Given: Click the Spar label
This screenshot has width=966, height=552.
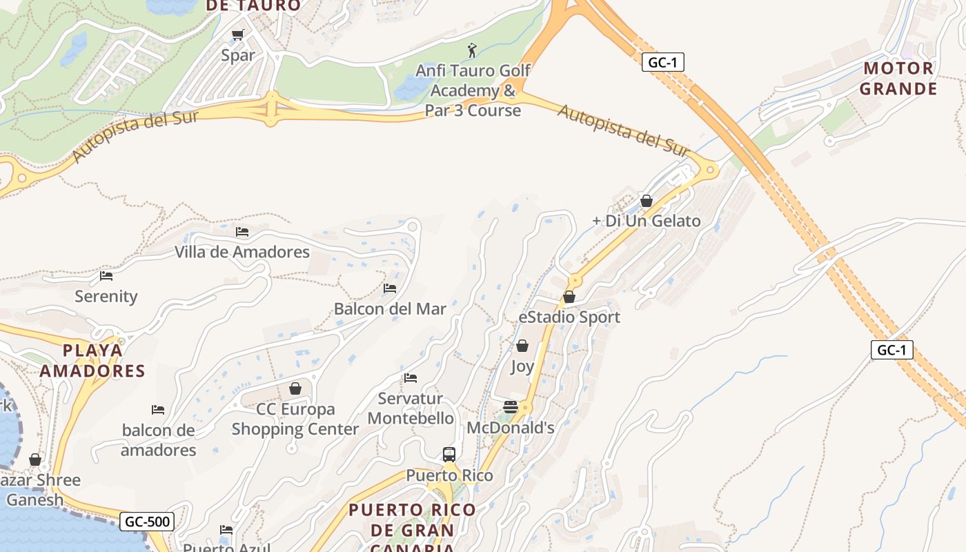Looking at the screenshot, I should point(238,55).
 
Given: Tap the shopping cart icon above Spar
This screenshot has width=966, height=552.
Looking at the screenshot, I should point(238,34).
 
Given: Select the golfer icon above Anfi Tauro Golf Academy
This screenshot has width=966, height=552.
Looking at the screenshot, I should point(472,50).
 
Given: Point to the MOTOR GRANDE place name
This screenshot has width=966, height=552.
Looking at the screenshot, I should point(898,79).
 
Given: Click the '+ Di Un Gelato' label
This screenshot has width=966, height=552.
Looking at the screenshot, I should point(647,221).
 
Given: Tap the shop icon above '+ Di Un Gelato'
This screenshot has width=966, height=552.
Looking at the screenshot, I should point(647,201).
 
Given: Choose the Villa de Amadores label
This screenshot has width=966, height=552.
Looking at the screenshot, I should point(242,252).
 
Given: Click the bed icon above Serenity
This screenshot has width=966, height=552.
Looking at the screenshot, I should point(106,275).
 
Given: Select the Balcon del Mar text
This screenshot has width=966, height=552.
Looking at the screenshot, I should point(390,308).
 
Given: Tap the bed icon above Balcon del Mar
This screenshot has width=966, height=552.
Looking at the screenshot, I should point(390,288).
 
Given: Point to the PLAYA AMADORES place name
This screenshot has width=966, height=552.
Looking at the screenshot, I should point(92,361).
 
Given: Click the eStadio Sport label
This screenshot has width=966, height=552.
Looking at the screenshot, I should point(569,317).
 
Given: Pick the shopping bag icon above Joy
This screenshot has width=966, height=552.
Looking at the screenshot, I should point(522,346).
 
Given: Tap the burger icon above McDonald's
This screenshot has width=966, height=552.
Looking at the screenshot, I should point(511,407).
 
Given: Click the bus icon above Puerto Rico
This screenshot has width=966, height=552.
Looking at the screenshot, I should point(449,455).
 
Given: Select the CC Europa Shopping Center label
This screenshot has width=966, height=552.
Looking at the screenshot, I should point(295,419).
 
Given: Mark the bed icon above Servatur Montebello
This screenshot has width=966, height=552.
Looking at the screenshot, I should point(411,377).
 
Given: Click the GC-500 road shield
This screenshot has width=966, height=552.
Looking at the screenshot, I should point(148,522).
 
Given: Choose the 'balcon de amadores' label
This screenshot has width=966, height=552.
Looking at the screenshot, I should point(159,440).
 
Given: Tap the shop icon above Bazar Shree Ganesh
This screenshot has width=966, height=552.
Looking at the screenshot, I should point(35,460).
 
